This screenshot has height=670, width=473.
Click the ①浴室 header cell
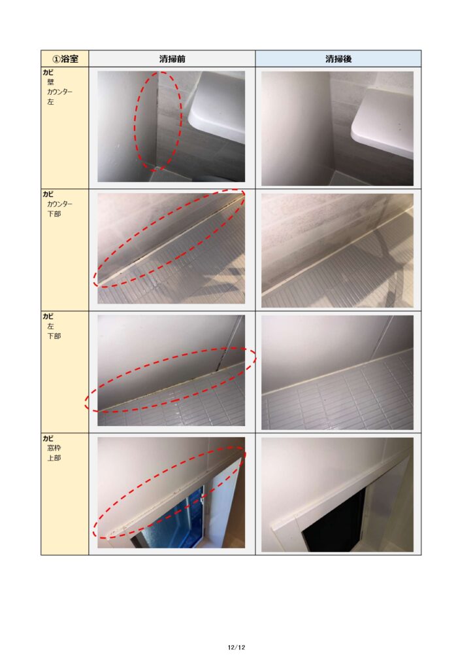pos(65,58)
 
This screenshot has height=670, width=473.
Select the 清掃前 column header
pos(172,58)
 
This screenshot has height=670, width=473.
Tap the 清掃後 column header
pos(338,58)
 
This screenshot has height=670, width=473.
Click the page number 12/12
pos(236,647)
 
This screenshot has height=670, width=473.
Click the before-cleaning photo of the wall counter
pos(171,126)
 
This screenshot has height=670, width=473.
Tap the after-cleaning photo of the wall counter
pos(337,128)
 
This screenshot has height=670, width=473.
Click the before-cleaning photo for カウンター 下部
pos(171,249)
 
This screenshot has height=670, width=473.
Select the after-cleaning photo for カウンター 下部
pos(337,251)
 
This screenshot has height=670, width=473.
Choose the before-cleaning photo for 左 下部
pos(171,370)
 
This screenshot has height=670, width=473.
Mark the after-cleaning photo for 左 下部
pos(337,372)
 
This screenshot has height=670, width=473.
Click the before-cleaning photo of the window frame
pos(171,492)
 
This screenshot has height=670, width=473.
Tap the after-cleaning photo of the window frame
pos(337,495)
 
